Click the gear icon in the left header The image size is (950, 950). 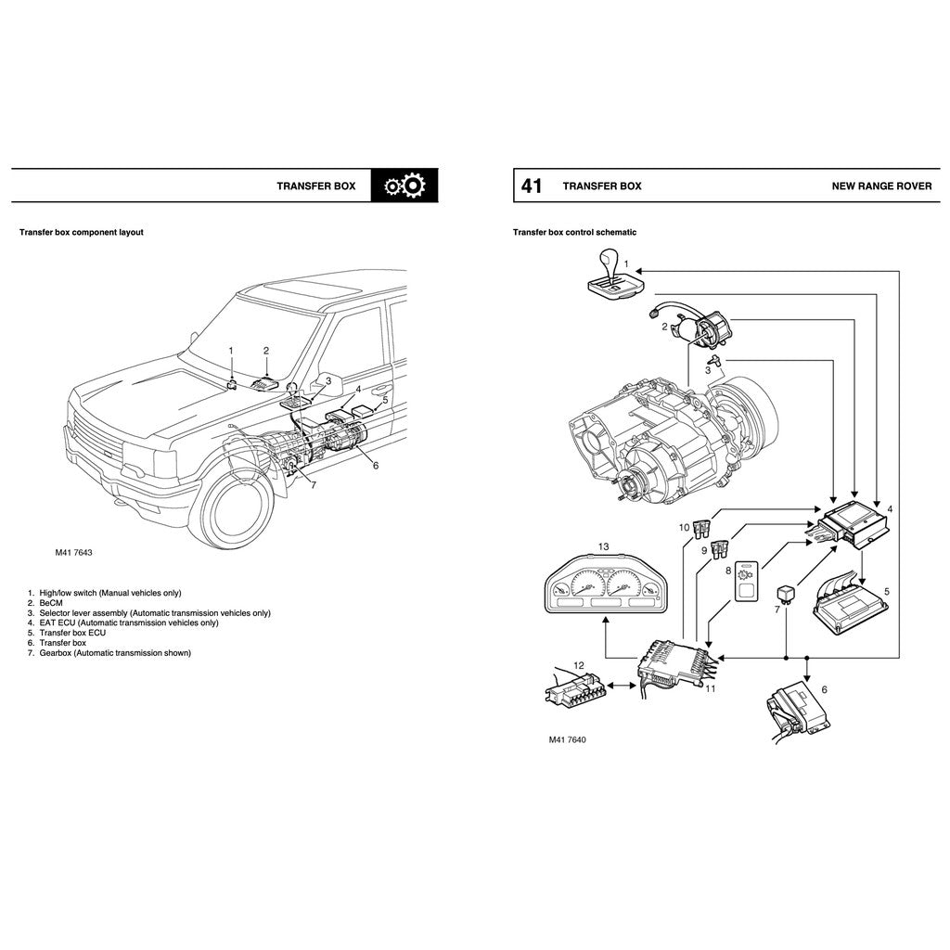pyautogui.click(x=404, y=186)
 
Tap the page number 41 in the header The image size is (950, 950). pyautogui.click(x=531, y=186)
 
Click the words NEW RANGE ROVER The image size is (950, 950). pyautogui.click(x=881, y=186)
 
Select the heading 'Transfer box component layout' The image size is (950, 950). pyautogui.click(x=82, y=232)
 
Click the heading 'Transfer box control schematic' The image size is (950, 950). pyautogui.click(x=574, y=232)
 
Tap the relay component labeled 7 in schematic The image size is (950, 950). pyautogui.click(x=787, y=591)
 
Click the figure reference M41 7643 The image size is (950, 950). pyautogui.click(x=73, y=552)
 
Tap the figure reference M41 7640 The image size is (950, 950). pyautogui.click(x=567, y=739)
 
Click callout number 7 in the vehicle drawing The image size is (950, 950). pyautogui.click(x=313, y=485)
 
